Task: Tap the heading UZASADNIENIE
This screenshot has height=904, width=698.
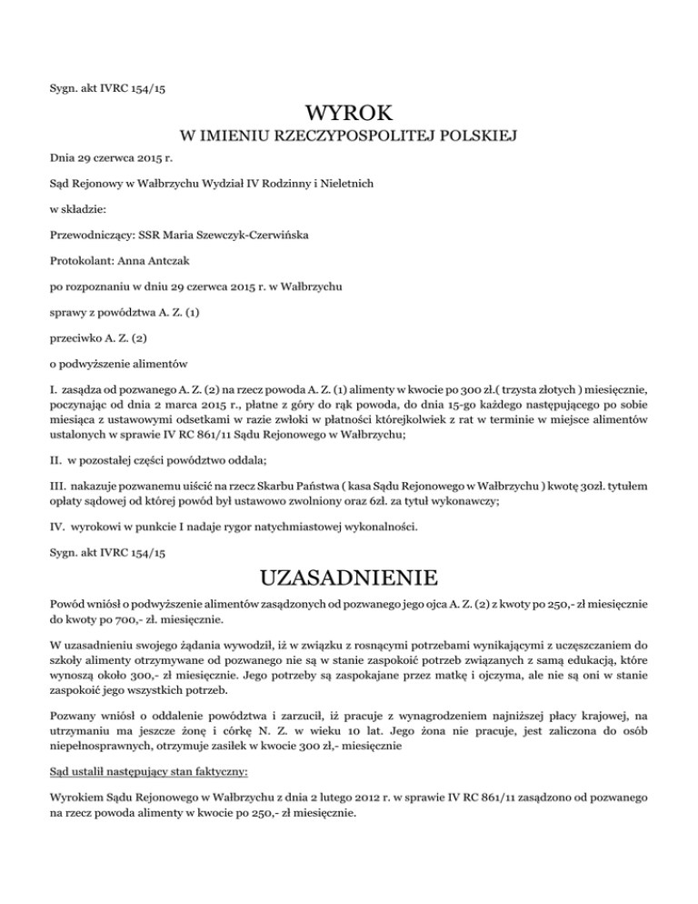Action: [349, 579]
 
